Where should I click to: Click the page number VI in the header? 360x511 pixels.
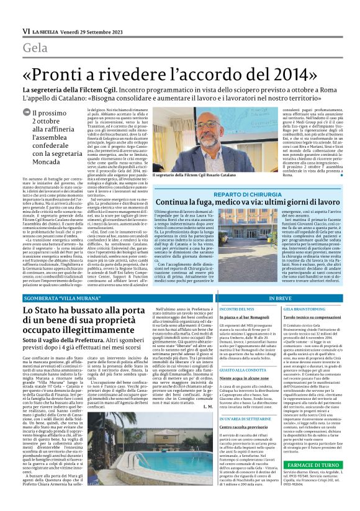[26, 30]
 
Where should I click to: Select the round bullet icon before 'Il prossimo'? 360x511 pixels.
[27, 112]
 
